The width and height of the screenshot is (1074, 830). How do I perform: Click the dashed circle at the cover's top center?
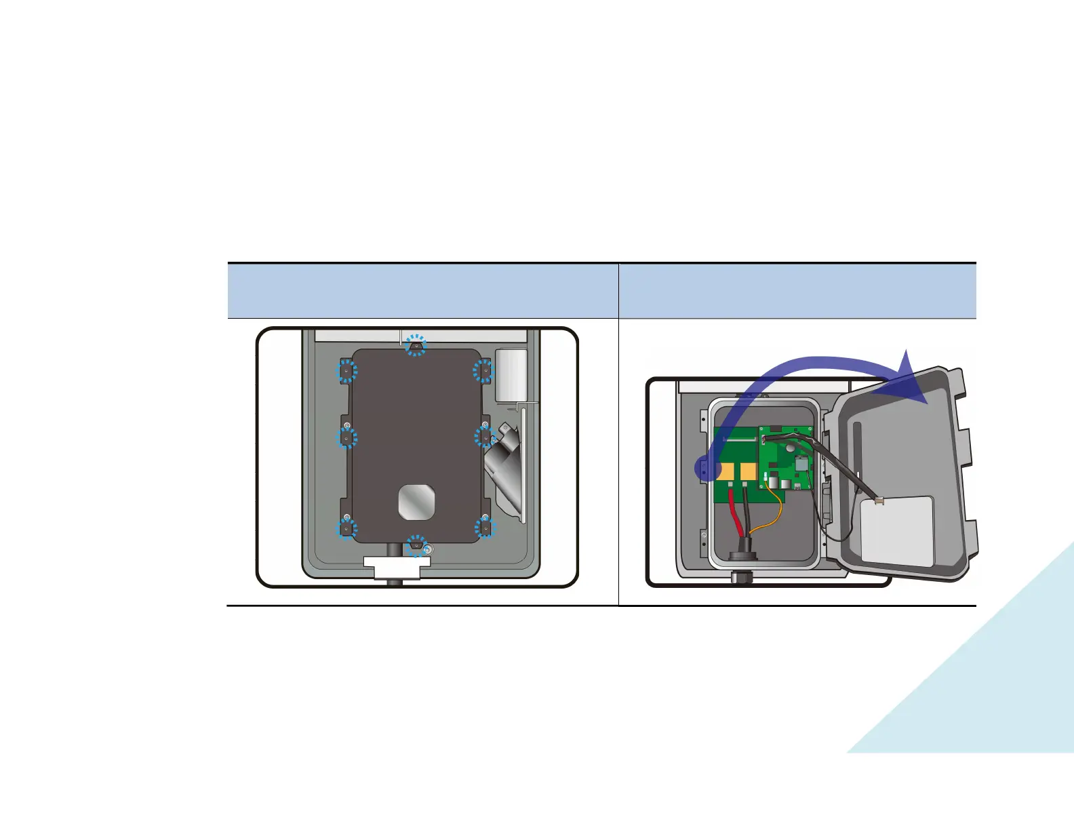(x=416, y=344)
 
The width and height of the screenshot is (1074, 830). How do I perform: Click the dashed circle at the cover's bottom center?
(x=416, y=545)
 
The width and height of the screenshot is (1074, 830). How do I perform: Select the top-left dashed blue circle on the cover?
(x=347, y=371)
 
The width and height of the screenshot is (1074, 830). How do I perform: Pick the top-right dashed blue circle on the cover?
(x=483, y=371)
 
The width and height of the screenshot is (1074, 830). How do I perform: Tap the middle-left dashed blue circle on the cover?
(x=346, y=438)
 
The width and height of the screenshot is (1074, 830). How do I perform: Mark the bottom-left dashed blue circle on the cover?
(x=347, y=528)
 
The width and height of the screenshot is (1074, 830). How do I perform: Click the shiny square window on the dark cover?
(x=416, y=502)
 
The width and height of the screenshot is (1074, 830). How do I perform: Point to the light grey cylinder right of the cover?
(x=511, y=376)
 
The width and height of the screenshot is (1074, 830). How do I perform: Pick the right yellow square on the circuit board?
(x=749, y=471)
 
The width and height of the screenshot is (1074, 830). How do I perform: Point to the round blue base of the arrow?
(x=707, y=469)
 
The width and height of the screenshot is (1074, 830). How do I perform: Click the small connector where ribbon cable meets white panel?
(x=879, y=501)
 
